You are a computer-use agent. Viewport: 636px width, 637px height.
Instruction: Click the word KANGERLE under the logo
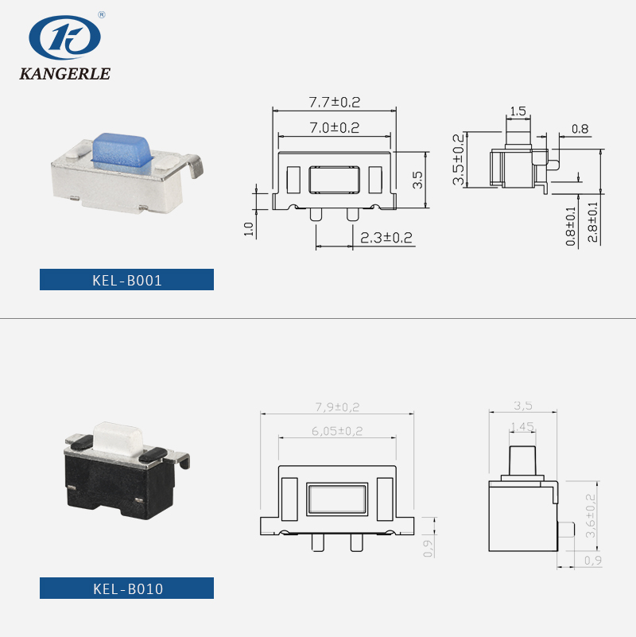(x=64, y=74)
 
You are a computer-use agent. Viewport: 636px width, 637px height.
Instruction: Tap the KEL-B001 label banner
(x=127, y=280)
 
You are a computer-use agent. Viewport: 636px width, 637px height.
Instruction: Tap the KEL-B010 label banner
(x=127, y=588)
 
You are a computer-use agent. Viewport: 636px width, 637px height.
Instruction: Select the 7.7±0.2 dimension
(x=334, y=102)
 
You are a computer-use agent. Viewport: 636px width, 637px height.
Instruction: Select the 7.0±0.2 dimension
(x=334, y=127)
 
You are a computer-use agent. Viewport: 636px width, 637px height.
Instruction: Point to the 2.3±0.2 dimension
(x=386, y=237)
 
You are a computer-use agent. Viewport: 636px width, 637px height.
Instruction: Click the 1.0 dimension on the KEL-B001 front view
(x=248, y=228)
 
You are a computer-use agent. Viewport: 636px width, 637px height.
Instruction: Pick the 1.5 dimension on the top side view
(x=518, y=111)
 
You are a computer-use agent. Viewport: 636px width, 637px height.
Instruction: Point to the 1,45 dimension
(x=522, y=426)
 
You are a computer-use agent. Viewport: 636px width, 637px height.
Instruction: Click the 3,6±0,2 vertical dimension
(x=590, y=515)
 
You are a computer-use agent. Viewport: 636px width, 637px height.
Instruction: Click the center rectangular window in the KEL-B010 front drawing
(x=336, y=499)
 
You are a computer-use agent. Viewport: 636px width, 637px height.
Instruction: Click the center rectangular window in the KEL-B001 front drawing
(x=334, y=181)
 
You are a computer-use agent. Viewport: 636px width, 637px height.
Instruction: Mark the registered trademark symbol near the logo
(x=101, y=14)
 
